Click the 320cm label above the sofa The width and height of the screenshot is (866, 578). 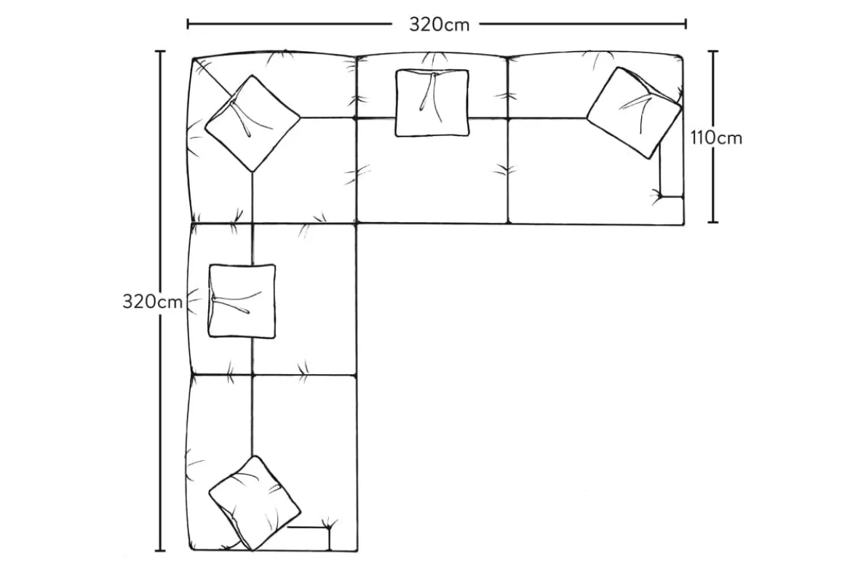click(438, 24)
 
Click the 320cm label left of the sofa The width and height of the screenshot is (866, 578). click(152, 301)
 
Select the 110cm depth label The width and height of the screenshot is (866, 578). click(717, 138)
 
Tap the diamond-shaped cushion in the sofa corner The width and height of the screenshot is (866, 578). click(252, 123)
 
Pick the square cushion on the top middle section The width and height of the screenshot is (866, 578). click(432, 103)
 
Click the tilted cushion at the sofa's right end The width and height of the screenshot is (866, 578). click(634, 113)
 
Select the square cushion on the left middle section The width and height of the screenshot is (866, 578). click(242, 301)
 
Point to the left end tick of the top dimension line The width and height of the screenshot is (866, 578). click(188, 24)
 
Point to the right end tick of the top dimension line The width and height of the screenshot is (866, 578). click(686, 24)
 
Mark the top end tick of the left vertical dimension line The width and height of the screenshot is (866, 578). click(160, 52)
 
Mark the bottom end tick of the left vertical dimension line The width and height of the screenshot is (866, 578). click(160, 550)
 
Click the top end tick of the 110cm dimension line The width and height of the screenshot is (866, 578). click(713, 51)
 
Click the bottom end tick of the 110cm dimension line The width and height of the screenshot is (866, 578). click(713, 221)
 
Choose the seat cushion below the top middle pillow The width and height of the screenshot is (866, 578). click(429, 178)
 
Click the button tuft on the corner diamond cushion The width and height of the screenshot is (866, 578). click(234, 105)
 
